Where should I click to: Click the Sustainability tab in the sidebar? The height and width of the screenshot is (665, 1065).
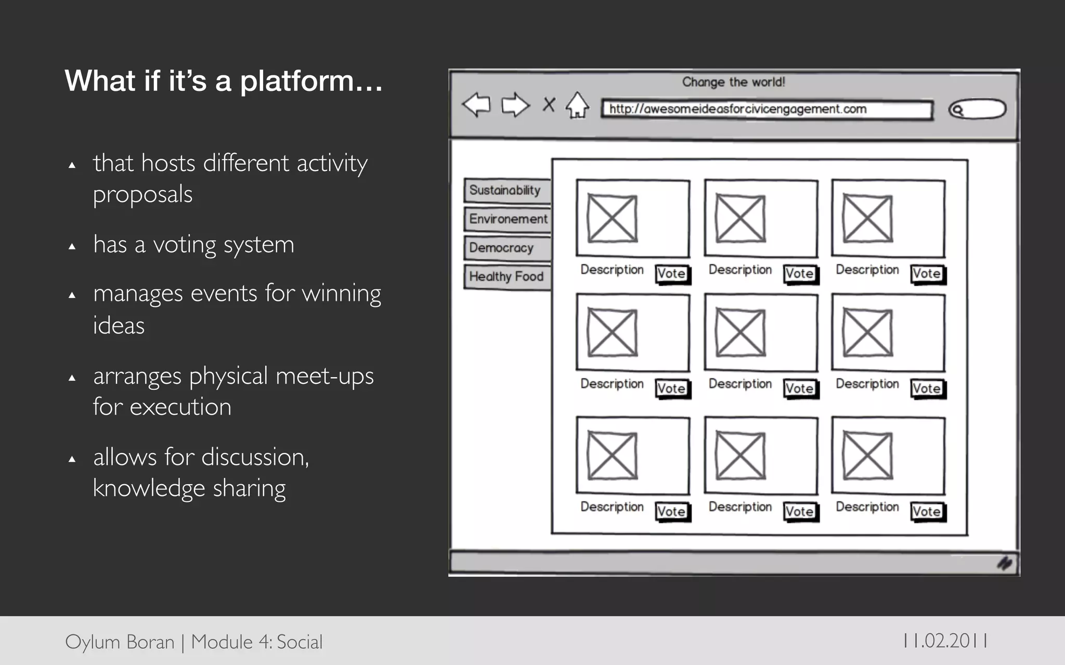point(506,190)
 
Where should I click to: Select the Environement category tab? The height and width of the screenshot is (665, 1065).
point(508,219)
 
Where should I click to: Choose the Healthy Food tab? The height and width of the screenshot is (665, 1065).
point(506,276)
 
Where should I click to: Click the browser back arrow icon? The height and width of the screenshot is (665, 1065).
point(476,104)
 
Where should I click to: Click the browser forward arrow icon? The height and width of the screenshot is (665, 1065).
point(515,104)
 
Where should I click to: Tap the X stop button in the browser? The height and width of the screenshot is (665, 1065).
point(549,104)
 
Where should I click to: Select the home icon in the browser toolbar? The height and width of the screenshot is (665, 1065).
point(577,105)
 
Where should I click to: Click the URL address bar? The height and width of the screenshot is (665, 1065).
point(767,109)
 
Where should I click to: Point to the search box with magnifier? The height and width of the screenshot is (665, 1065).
point(977,110)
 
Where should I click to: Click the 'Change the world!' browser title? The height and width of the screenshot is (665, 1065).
point(733,82)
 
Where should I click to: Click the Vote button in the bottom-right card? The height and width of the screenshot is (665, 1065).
point(927,511)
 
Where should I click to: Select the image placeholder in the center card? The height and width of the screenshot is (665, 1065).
point(740,333)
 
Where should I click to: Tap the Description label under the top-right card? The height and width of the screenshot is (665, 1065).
point(867,270)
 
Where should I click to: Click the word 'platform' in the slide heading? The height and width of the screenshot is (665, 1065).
point(297,82)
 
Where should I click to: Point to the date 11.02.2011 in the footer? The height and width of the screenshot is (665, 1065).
point(945,641)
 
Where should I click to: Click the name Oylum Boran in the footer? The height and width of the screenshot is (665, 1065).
point(120,642)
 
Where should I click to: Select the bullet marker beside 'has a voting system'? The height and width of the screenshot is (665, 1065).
point(72,246)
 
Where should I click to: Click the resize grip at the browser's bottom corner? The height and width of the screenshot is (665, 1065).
point(1004,564)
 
